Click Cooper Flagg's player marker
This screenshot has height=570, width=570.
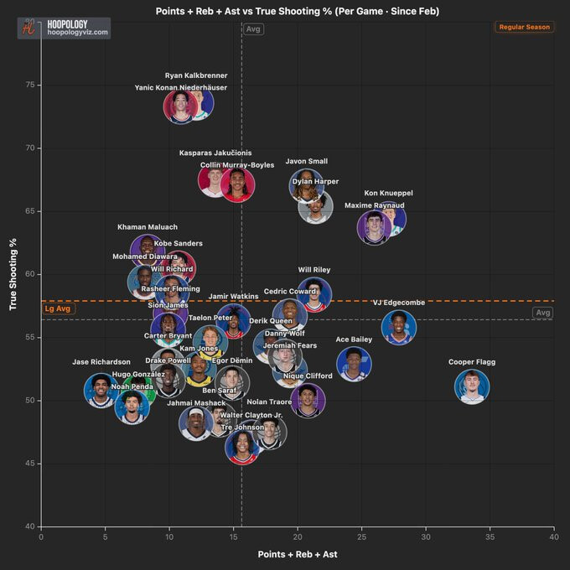click(x=472, y=386)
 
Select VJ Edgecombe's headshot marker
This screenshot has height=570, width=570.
click(x=399, y=327)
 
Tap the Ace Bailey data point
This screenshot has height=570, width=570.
click(x=354, y=363)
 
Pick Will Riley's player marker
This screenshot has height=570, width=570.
click(x=314, y=294)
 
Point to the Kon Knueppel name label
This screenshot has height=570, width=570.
click(x=388, y=193)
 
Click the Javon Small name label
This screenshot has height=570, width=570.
click(x=307, y=161)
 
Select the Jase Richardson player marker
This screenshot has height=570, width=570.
click(x=101, y=390)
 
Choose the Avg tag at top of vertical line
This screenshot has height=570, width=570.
click(x=253, y=28)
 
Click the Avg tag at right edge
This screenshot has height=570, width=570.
click(x=543, y=313)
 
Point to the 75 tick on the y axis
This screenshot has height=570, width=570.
click(x=30, y=85)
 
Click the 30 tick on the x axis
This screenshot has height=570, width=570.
click(x=425, y=536)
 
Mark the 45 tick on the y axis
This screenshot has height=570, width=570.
click(x=30, y=464)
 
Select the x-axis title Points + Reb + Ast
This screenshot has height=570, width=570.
click(x=297, y=554)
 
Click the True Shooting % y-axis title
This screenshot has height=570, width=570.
click(x=13, y=275)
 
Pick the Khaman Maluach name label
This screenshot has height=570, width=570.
click(x=148, y=227)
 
